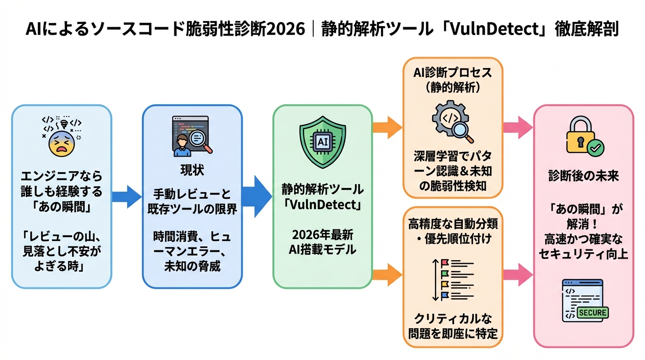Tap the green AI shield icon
click(x=322, y=141)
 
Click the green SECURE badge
click(x=593, y=313)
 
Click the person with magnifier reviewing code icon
click(x=192, y=136)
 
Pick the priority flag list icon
click(x=452, y=280)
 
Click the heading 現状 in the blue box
click(x=192, y=171)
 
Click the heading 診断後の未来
click(x=584, y=176)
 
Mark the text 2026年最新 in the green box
click(x=322, y=234)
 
